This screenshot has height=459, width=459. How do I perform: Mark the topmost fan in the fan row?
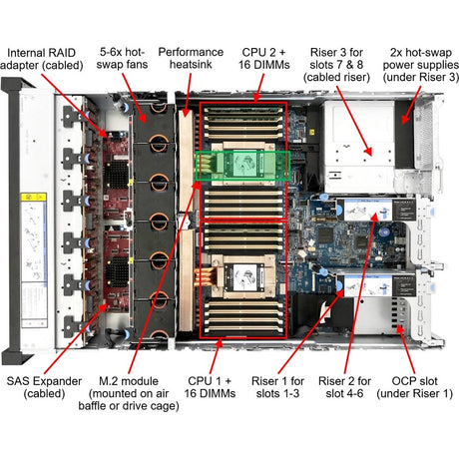click(x=157, y=111)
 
